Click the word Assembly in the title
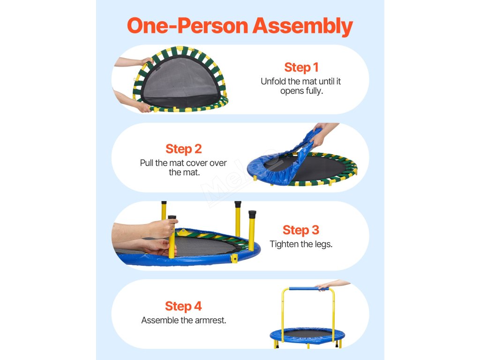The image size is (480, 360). coord(302,26)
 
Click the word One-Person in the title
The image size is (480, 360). coord(187,25)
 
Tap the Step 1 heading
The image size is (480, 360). coord(301,67)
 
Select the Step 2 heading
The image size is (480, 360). coord(183,149)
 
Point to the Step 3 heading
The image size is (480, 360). coord(300,230)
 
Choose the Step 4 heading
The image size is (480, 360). coord(183,306)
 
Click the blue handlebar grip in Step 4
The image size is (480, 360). coord(308,289)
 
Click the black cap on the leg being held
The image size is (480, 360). coord(172,217)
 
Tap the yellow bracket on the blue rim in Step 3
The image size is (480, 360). coord(234,258)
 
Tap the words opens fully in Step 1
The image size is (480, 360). coord(301,91)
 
